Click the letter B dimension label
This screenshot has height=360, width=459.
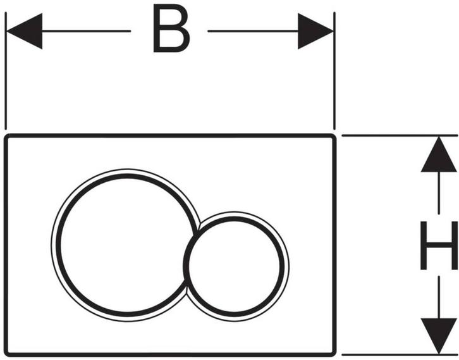171,29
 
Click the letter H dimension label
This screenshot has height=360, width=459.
439,245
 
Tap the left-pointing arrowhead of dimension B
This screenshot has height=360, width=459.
24,31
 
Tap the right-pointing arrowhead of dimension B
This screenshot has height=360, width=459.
316,31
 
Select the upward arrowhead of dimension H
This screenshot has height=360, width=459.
439,154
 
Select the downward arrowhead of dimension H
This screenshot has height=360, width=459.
439,336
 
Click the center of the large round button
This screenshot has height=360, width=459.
126,245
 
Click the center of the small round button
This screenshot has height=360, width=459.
236,266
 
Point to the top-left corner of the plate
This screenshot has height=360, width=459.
5,135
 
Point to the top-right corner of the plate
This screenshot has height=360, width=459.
334,135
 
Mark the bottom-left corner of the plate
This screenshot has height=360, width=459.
5,356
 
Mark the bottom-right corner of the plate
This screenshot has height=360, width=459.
334,356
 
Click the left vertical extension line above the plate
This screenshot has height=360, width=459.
6,71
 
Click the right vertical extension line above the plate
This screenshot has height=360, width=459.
334,71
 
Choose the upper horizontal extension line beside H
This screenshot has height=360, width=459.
400,135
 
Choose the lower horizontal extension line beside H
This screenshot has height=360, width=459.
400,355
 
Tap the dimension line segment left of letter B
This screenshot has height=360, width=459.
87,31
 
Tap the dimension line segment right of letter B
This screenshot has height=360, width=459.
253,31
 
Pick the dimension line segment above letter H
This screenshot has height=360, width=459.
439,193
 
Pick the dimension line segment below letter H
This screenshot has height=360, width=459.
439,297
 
